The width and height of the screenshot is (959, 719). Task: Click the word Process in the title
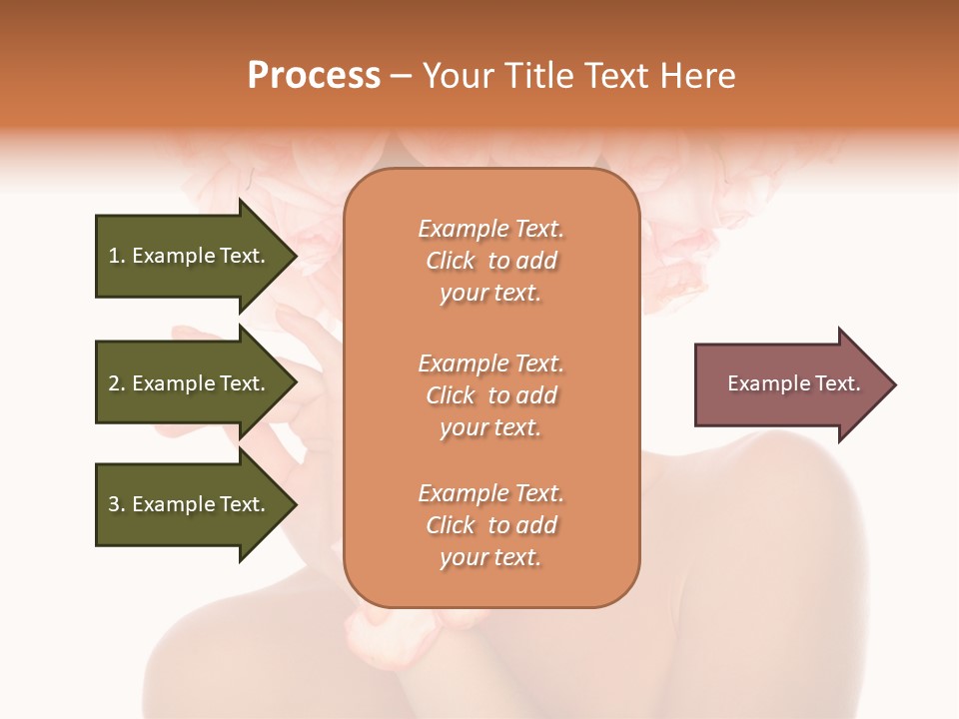pos(314,76)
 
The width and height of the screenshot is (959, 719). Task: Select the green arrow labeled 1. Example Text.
pos(190,256)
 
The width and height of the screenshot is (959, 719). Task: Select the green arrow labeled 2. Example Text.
pos(190,383)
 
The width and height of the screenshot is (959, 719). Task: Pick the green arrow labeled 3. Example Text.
pos(190,504)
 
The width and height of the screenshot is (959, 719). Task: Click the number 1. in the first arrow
pos(117,256)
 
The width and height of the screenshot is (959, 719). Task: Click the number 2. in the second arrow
pos(117,383)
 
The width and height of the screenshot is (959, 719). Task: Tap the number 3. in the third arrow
pos(117,504)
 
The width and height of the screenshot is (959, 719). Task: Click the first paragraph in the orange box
pos(491,261)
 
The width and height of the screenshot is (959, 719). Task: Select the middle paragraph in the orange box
pos(491,395)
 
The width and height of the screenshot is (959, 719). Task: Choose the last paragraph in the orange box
pos(491,525)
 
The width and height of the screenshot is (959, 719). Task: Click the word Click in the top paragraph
pos(450,261)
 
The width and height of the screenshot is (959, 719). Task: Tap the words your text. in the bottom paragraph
pos(490,557)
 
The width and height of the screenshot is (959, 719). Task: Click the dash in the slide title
pos(402,77)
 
